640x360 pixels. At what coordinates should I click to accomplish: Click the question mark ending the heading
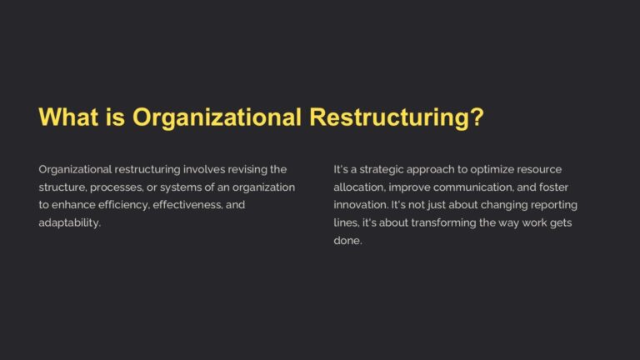477,117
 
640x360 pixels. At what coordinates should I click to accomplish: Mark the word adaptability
69,223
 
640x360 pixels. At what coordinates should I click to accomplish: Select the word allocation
358,187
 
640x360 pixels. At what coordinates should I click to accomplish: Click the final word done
347,241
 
